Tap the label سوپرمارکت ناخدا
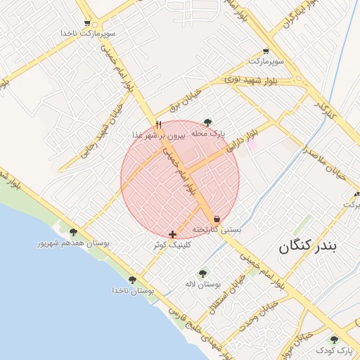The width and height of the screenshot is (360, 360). click(88, 33)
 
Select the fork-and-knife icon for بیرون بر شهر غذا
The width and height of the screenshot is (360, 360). click(158, 124)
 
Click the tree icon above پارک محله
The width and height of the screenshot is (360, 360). click(207, 122)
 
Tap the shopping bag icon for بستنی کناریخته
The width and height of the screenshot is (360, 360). click(216, 219)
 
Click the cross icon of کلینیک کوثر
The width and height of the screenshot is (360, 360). click(173, 233)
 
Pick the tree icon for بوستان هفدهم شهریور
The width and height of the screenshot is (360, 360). click(73, 232)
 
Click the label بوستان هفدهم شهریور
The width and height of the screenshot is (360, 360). click(73, 243)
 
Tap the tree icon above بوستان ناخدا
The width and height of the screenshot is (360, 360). click(132, 280)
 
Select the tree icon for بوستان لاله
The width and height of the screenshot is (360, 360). click(203, 274)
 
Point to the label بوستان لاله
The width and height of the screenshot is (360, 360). click(203, 284)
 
